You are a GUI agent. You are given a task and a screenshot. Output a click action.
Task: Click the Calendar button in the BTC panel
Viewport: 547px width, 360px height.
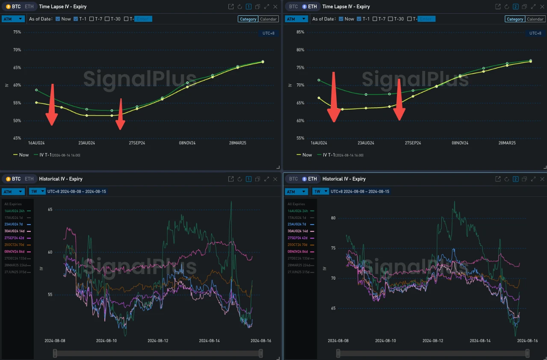point(269,19)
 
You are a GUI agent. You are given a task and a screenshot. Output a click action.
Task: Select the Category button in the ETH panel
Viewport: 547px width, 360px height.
point(515,19)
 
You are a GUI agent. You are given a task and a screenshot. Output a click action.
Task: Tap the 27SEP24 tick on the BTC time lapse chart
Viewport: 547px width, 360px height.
point(137,143)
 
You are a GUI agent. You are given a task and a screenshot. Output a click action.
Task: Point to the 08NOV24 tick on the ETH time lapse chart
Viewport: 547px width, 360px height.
point(460,143)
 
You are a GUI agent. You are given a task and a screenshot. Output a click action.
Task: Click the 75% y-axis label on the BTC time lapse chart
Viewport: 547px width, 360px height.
point(17,32)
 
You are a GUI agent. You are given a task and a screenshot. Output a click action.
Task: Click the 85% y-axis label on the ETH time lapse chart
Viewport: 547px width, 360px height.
point(300,32)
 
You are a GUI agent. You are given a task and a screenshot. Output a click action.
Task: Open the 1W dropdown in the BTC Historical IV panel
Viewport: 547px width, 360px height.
point(37,191)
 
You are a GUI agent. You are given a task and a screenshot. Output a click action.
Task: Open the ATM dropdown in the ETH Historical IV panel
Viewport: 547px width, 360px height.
point(296,192)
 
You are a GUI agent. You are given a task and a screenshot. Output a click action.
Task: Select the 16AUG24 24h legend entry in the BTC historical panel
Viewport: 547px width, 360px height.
point(17,211)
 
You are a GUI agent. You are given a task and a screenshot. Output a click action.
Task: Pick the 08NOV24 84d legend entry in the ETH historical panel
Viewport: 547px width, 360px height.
point(301,252)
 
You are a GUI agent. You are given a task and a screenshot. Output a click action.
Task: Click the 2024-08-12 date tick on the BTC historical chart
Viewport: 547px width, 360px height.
point(158,341)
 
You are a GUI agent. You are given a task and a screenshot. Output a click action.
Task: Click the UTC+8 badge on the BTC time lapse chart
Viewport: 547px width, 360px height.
point(268,33)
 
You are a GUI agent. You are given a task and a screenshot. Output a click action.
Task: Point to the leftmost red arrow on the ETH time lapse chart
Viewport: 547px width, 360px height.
point(334,97)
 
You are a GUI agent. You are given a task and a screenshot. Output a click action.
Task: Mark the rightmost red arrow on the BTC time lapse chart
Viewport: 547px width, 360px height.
point(120,114)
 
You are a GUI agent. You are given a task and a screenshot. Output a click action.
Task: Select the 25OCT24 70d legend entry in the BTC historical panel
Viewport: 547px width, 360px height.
point(17,245)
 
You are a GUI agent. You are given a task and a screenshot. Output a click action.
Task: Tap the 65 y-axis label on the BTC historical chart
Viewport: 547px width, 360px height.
point(50,210)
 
